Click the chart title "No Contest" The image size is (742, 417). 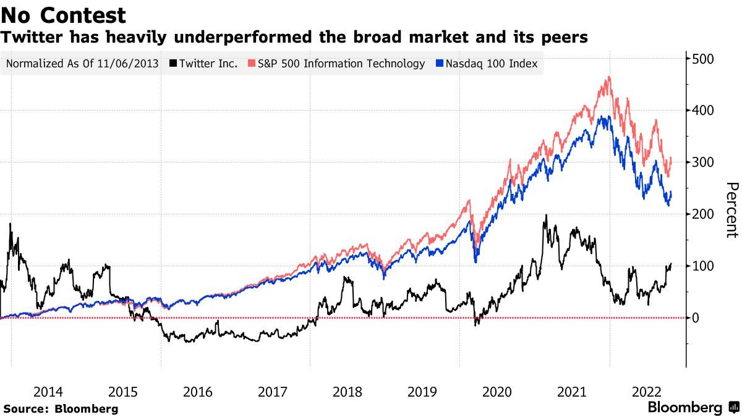64,15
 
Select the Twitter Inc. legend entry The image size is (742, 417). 204,64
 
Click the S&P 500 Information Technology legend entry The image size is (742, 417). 336,64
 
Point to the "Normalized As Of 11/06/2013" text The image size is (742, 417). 82,64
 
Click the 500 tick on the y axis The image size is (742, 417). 702,59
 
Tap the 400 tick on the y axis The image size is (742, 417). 702,111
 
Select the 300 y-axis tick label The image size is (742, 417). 702,162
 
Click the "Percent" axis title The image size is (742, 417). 731,210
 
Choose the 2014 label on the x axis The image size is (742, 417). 48,392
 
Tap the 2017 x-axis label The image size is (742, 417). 272,392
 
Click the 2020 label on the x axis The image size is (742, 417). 497,392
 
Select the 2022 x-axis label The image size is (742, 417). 646,392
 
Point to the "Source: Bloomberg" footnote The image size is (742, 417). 61,408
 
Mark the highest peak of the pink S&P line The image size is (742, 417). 609,77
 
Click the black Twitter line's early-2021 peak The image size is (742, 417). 545,216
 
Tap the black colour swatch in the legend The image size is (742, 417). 174,64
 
